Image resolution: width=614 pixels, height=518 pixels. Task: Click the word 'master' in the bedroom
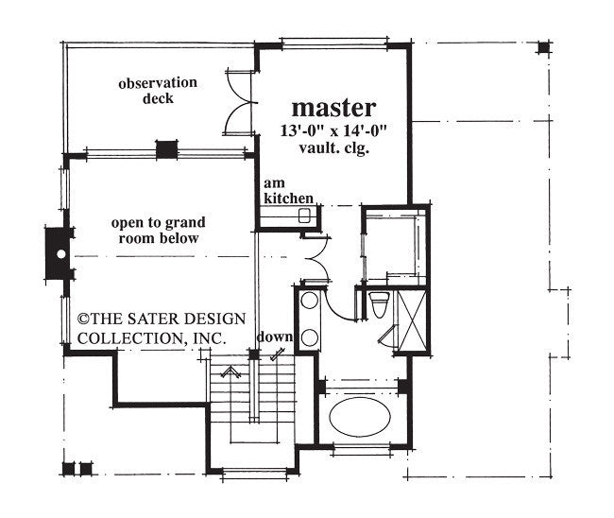pos(333,107)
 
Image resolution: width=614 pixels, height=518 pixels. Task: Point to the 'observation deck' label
pos(158,91)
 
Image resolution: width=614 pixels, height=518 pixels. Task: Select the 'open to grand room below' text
pos(158,231)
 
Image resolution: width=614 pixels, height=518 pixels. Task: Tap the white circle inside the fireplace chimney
pos(60,253)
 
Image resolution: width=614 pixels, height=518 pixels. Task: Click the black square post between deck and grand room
pos(166,149)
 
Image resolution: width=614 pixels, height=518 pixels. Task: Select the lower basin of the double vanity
pos(310,337)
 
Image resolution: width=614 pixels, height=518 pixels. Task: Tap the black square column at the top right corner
pos(543,47)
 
